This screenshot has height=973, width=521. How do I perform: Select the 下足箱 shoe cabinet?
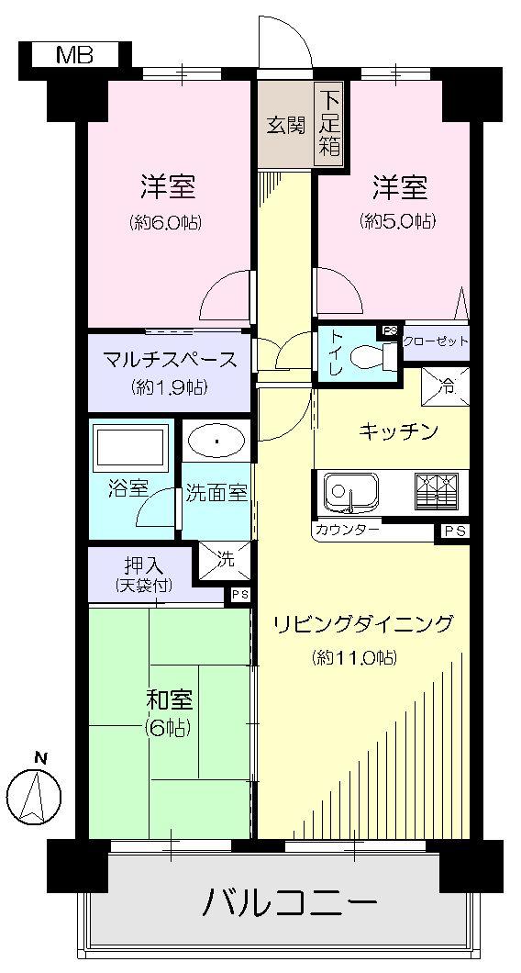coord(329,125)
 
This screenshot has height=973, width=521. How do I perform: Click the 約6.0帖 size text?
coord(168,221)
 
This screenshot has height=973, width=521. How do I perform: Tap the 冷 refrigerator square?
coord(445,386)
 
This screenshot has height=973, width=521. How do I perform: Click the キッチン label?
coord(397,431)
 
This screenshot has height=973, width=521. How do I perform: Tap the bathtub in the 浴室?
coord(130,446)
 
